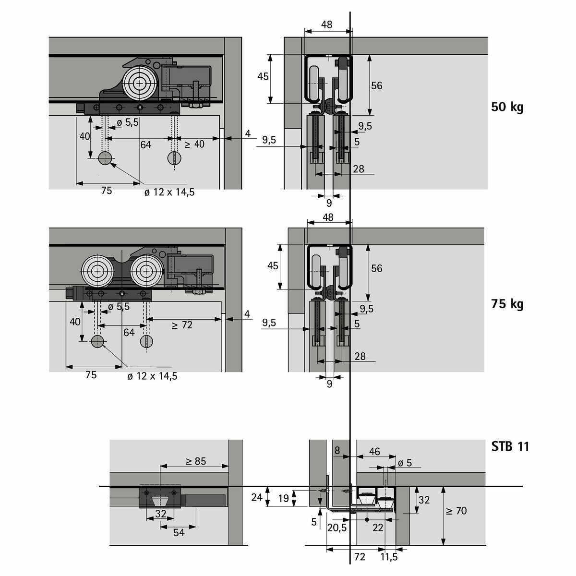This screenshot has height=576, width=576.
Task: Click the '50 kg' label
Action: point(507,107)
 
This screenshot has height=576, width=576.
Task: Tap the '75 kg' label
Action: point(507,304)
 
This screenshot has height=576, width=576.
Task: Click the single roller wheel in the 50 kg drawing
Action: point(140,84)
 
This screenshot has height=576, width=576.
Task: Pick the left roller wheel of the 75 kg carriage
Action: point(97,271)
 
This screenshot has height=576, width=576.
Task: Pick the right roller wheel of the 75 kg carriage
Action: point(146,271)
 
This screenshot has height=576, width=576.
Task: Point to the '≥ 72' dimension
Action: point(182,325)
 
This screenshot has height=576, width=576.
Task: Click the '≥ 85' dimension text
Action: point(196,461)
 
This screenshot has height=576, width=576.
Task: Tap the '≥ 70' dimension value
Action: point(456,511)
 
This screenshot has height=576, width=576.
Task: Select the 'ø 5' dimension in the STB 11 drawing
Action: point(405,463)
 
